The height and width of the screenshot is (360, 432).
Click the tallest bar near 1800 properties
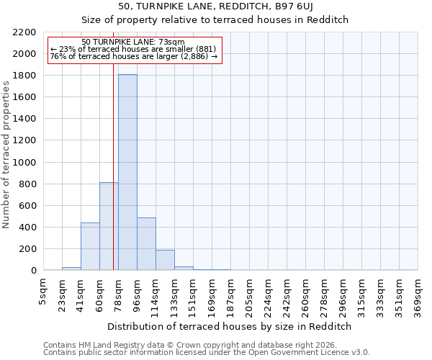pyautogui.click(x=127, y=173)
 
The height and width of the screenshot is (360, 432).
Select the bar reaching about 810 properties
pyautogui.click(x=109, y=226)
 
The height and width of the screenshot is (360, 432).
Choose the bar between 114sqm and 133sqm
pyautogui.click(x=165, y=260)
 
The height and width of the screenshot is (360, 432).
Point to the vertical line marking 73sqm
pyautogui.click(x=113, y=144)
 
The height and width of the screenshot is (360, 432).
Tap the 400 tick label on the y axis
pyautogui.click(x=27, y=228)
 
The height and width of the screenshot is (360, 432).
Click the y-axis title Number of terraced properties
pyautogui.click(x=6, y=155)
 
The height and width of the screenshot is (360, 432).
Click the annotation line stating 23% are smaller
pyautogui.click(x=133, y=49)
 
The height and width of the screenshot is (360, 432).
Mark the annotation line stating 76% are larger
pyautogui.click(x=133, y=56)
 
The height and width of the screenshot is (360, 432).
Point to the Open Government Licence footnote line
pyautogui.click(x=207, y=352)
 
